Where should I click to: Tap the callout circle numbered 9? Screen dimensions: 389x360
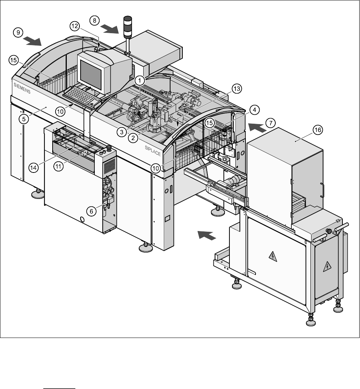[x=17, y=33]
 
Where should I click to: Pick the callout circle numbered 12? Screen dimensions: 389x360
[x=74, y=26]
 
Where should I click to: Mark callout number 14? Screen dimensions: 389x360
[x=34, y=168]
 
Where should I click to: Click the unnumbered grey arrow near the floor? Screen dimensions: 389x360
[x=206, y=235]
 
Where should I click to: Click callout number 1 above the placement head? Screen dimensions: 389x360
[x=139, y=80]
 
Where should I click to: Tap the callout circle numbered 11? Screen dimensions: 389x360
[x=59, y=167]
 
